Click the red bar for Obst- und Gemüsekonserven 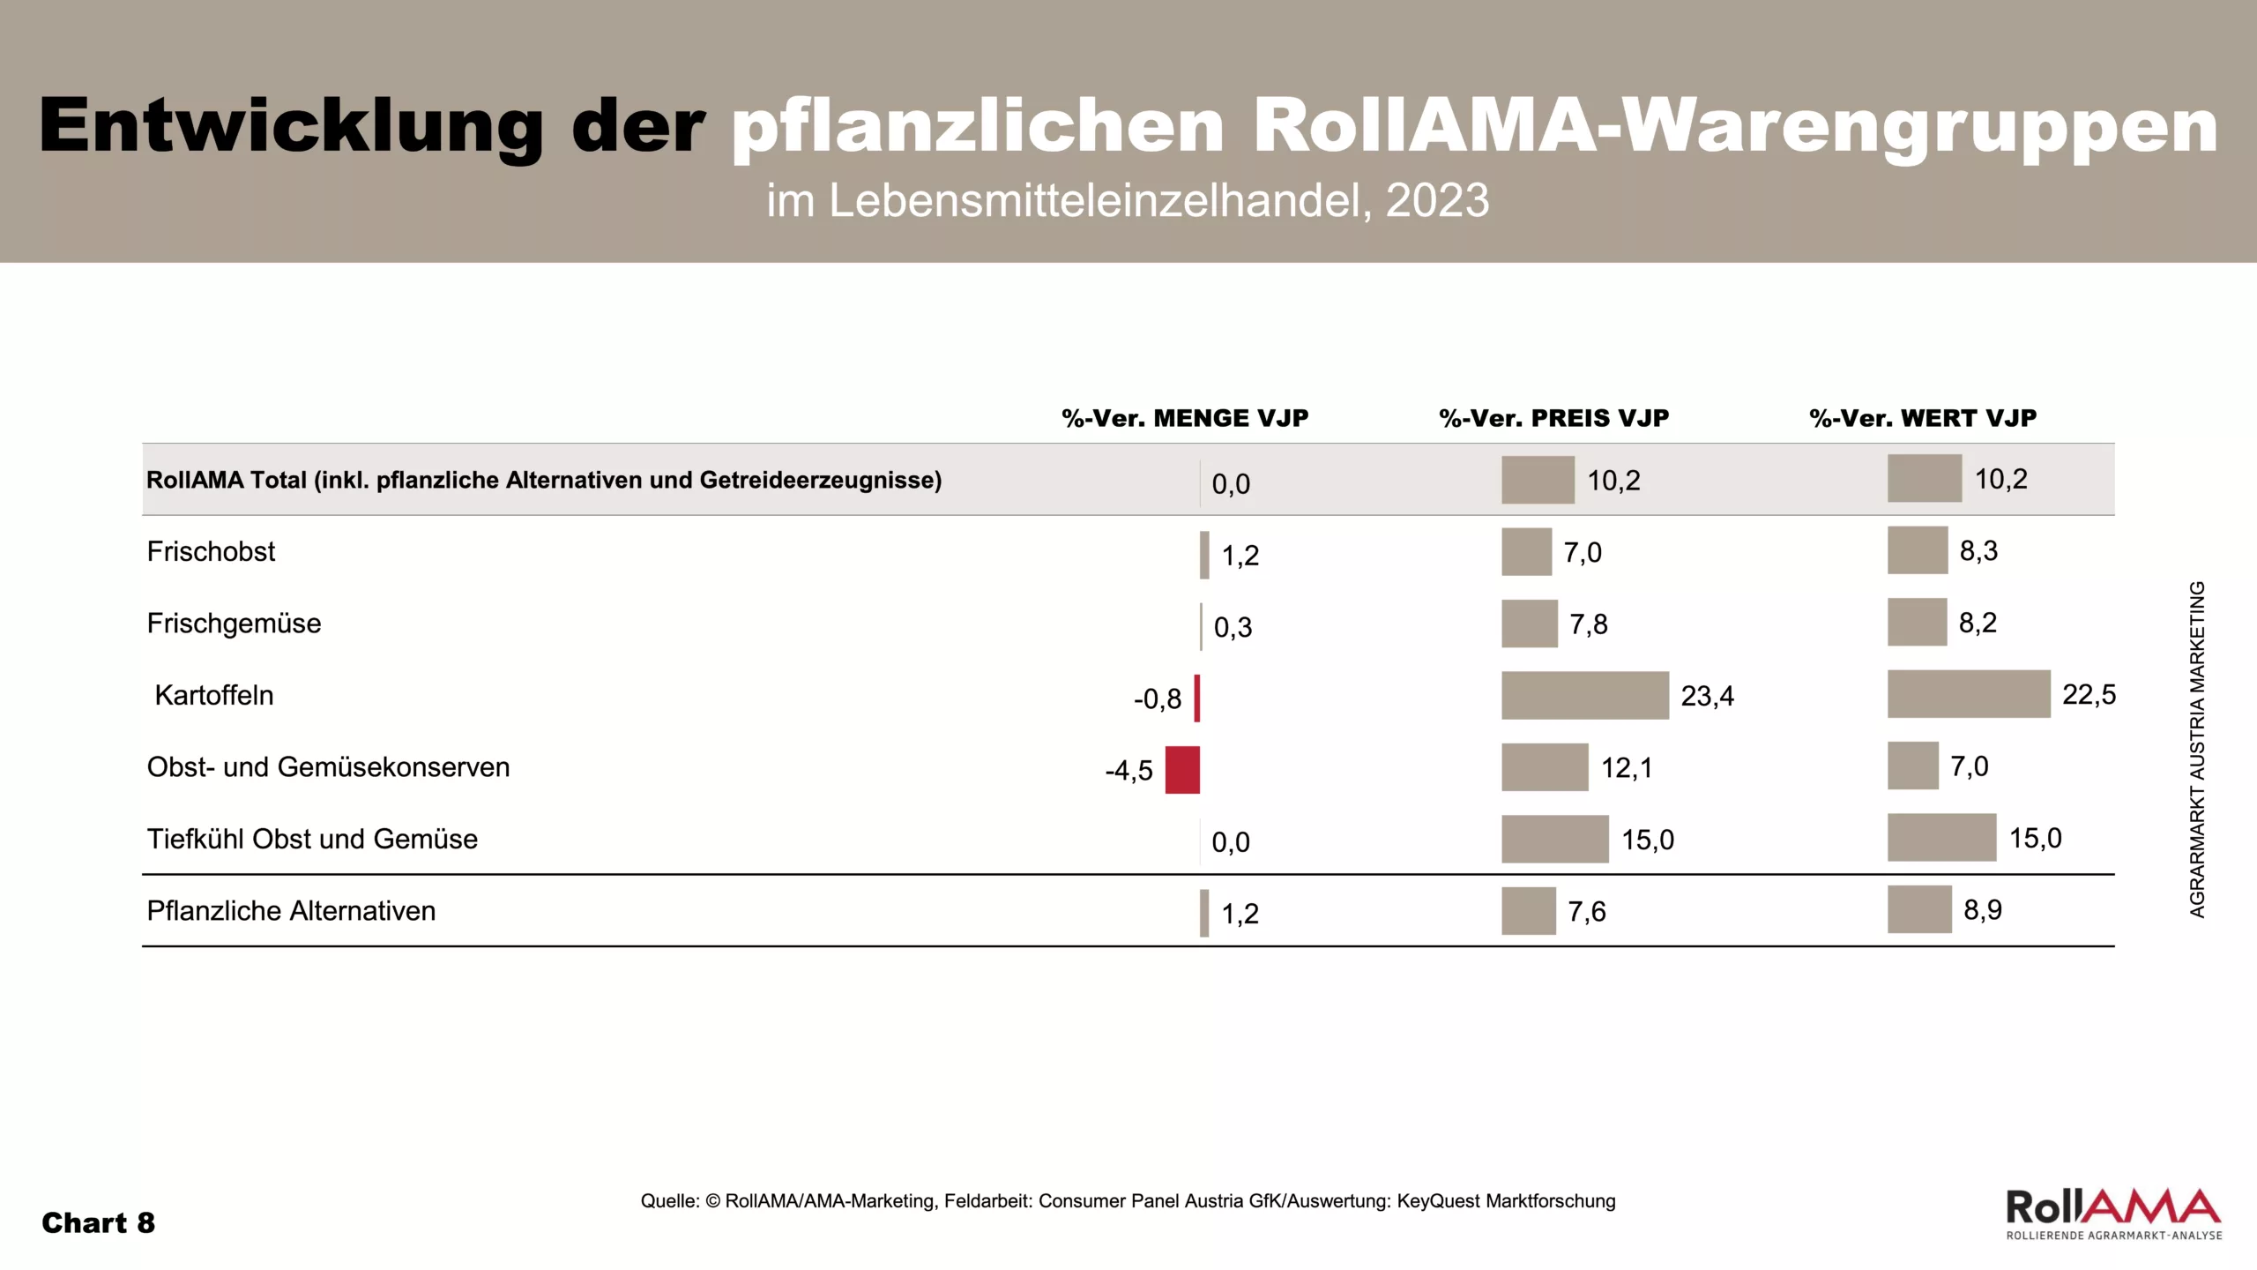point(1182,770)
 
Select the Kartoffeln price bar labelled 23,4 point(1584,696)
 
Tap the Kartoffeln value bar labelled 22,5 point(1968,694)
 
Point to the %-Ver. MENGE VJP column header point(1184,418)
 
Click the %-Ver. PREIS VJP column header point(1553,418)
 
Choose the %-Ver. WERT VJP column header point(1923,418)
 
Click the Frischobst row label point(211,552)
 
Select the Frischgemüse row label point(234,624)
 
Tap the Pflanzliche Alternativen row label point(291,911)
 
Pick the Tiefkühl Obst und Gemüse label point(312,839)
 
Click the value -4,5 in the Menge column point(1128,771)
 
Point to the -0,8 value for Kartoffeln point(1157,699)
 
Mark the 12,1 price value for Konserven point(1626,768)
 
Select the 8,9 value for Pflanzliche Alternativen point(1982,910)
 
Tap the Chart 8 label point(98,1223)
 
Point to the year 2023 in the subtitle point(1437,201)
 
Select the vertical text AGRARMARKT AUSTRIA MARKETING point(2197,749)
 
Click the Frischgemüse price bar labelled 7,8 point(1529,624)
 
